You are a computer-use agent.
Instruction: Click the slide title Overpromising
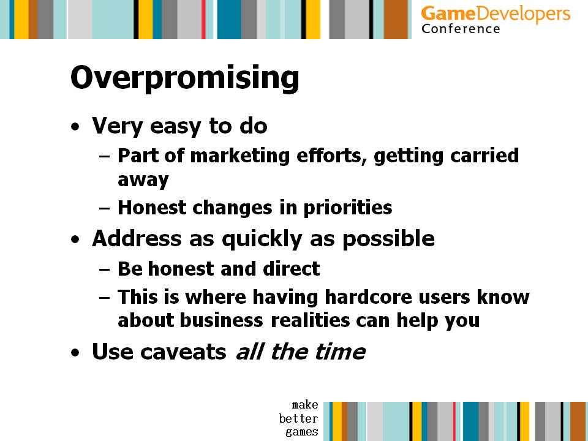184,78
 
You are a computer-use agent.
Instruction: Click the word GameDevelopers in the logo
496,14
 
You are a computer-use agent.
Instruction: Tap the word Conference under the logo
461,29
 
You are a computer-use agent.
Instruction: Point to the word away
143,180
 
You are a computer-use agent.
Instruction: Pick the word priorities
348,208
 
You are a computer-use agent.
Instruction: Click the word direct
292,268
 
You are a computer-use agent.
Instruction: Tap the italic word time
340,352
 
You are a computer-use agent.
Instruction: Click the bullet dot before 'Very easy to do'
75,127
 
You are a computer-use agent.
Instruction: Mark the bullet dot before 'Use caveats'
75,353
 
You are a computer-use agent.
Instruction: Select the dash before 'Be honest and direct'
105,269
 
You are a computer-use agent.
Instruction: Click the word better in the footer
298,418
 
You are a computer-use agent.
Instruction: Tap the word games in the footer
301,432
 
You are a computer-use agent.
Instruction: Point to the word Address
137,238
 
